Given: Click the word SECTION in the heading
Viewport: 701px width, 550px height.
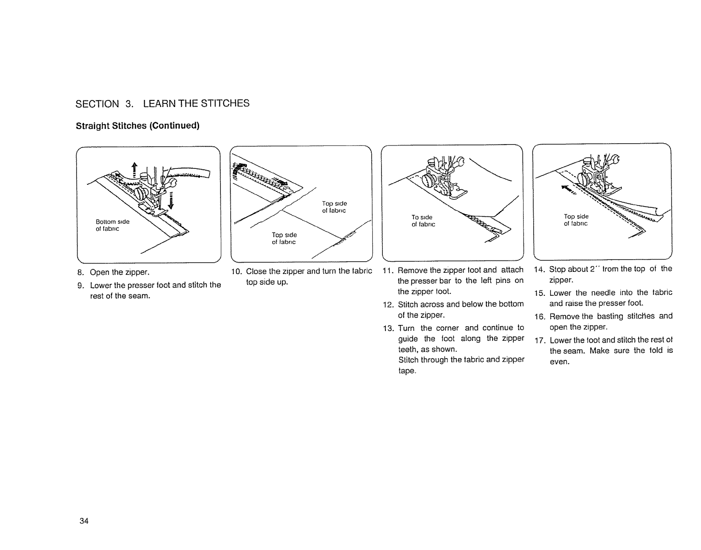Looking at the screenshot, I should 97,104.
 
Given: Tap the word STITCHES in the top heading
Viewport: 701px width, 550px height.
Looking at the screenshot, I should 225,103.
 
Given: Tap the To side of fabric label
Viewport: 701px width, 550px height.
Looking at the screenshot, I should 423,221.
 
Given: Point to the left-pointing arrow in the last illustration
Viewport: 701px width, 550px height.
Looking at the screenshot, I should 568,190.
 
